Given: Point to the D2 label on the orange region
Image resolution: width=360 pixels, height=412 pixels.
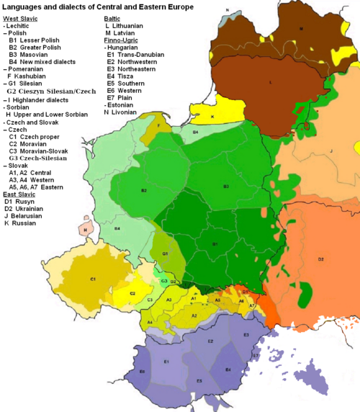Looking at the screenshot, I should pos(320,259).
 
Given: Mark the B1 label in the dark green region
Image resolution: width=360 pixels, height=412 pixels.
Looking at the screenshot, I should pos(214,245).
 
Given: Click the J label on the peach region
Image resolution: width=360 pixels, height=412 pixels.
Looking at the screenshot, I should pos(330,151).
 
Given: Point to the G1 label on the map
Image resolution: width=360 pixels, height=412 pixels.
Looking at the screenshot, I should pos(165,254).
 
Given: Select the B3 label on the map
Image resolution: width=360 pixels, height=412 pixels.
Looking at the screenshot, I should pos(226,187).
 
